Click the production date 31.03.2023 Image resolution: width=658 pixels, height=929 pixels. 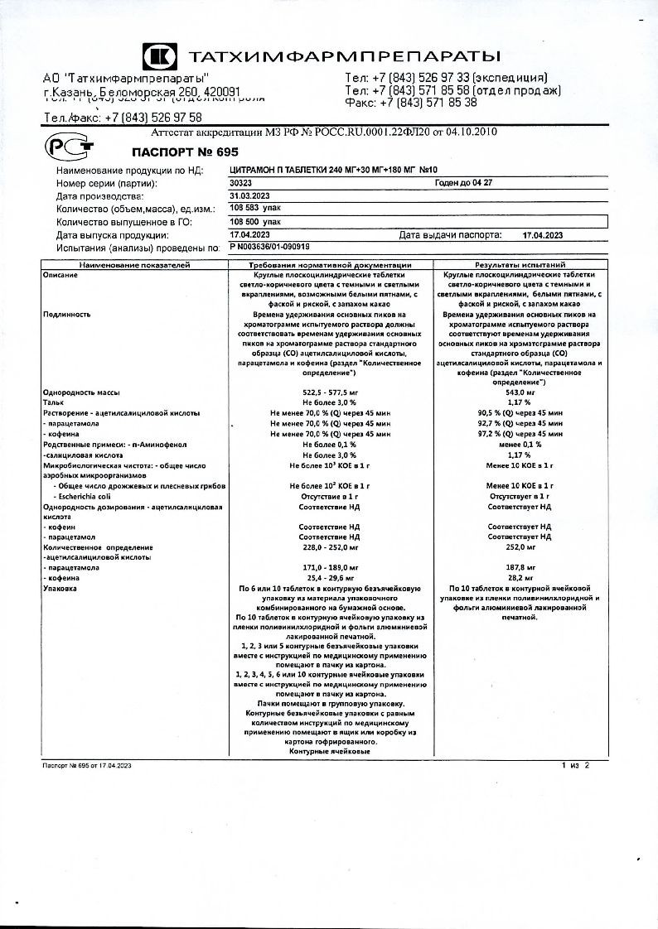[x=249, y=196]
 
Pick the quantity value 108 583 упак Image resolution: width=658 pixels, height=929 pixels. [x=256, y=209]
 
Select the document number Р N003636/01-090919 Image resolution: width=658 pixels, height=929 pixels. [x=269, y=247]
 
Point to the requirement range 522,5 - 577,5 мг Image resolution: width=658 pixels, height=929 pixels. [x=330, y=392]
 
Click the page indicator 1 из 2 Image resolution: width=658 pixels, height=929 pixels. [x=574, y=765]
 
